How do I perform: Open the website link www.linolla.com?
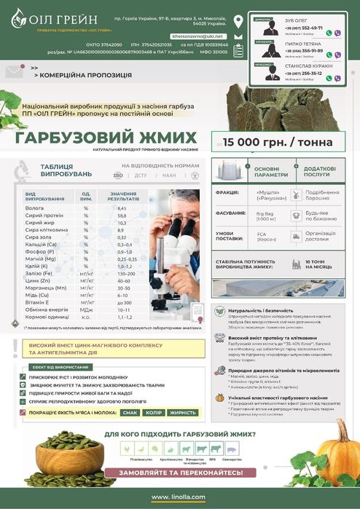179,497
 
